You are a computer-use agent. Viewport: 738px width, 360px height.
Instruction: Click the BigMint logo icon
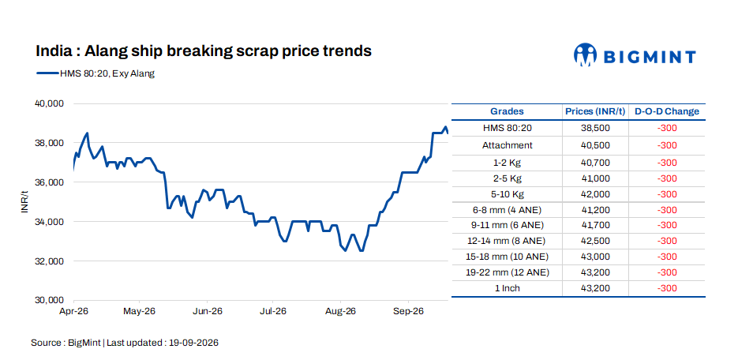[585, 54]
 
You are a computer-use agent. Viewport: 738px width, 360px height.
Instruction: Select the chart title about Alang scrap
[204, 51]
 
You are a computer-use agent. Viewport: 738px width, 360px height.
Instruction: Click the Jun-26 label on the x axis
[208, 312]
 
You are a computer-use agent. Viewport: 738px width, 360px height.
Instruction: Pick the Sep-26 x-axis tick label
[409, 312]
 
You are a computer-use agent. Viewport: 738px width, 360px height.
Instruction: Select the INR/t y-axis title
[24, 201]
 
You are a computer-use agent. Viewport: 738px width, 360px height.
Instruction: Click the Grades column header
[507, 111]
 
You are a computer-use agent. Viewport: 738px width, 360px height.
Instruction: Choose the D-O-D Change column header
[667, 111]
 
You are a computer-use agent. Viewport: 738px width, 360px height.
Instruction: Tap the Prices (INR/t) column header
[595, 111]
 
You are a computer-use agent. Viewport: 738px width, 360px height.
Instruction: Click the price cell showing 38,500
[595, 128]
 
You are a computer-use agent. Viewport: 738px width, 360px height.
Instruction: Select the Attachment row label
[507, 145]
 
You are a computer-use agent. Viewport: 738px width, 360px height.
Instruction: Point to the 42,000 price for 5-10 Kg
[595, 194]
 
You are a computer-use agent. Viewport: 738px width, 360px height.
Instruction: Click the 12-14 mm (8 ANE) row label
[507, 241]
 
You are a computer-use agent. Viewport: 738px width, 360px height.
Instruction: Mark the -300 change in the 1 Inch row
[667, 288]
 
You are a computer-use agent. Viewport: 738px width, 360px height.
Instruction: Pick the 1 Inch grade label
[507, 288]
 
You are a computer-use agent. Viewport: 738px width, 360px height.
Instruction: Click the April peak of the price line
[87, 133]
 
